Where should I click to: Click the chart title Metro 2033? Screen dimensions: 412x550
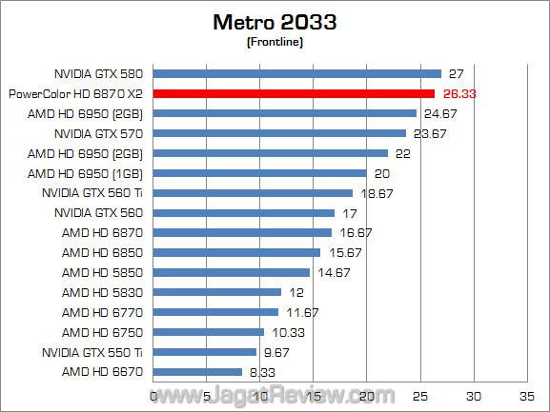[x=275, y=22]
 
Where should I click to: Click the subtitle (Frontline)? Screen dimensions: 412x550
[x=275, y=42]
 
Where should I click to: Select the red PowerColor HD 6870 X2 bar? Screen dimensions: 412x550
[x=294, y=93]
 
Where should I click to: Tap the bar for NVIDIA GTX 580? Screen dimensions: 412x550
[x=296, y=73]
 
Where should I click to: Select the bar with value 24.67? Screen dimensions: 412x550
[x=284, y=113]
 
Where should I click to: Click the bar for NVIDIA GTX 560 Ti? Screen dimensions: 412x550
[x=253, y=192]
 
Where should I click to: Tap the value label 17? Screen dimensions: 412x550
[x=350, y=212]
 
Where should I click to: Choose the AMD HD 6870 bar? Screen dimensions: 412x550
[x=242, y=232]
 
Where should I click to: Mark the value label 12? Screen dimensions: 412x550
[x=296, y=292]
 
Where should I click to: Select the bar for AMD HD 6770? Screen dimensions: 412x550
[x=215, y=312]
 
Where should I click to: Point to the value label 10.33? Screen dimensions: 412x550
[x=285, y=332]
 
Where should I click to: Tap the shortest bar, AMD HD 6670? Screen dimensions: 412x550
[x=197, y=372]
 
